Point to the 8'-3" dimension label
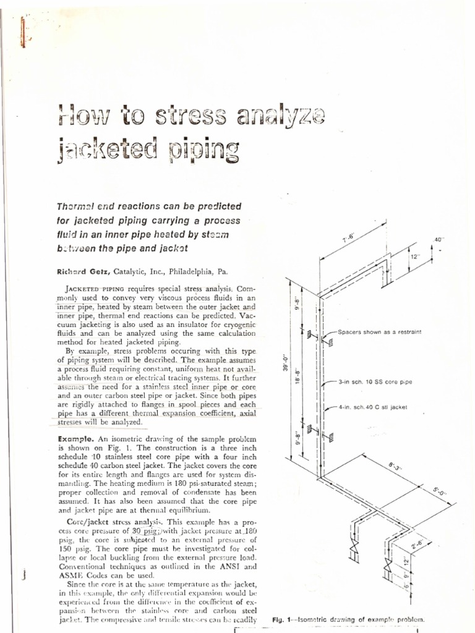pos(395,465)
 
